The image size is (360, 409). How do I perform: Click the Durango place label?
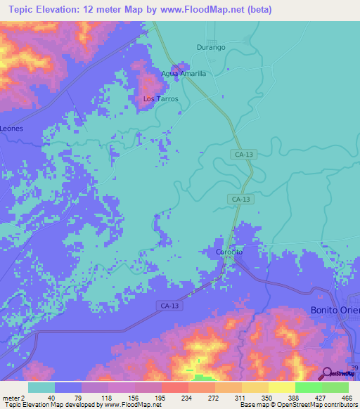[210, 47]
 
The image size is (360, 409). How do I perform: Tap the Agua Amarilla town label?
[183, 73]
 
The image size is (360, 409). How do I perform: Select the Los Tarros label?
[161, 99]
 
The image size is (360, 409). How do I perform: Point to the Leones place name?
[11, 129]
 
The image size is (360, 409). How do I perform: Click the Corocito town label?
[229, 252]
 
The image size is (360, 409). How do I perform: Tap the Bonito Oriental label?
[335, 310]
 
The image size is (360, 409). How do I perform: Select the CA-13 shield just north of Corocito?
[240, 200]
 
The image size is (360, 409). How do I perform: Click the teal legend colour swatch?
[41, 387]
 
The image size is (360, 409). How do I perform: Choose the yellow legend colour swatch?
[282, 387]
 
